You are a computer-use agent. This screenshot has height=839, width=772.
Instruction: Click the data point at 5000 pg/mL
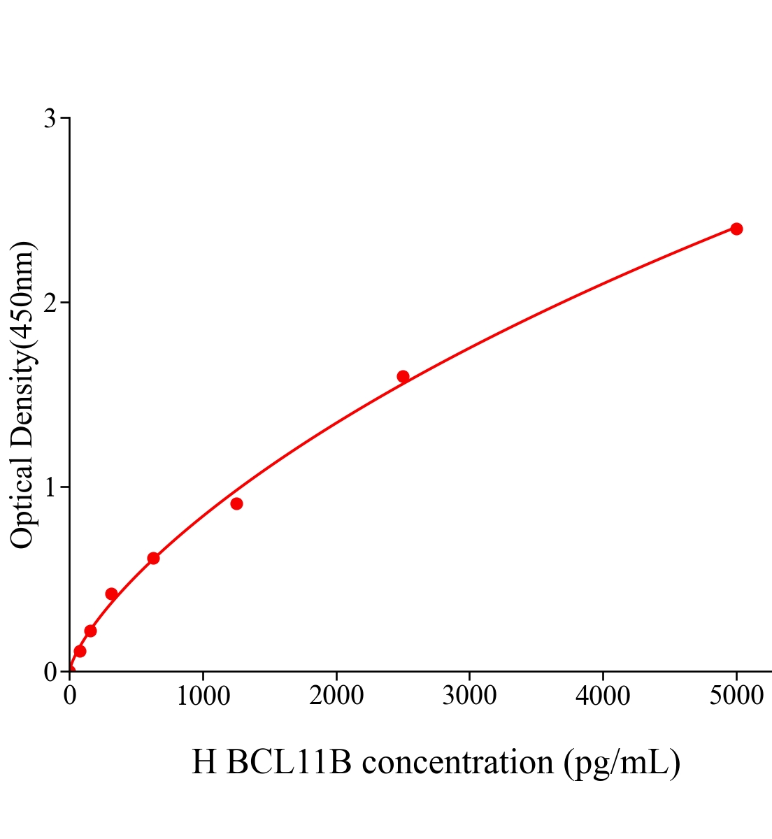pos(736,229)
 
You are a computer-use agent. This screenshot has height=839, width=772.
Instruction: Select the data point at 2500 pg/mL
pos(403,376)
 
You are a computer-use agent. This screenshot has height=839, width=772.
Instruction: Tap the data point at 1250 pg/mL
pos(236,503)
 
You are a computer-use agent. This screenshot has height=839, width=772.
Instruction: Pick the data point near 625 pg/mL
pos(153,558)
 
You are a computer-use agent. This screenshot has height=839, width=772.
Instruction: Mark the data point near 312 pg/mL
pos(111,594)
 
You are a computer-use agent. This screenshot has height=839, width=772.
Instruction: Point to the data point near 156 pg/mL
pos(90,631)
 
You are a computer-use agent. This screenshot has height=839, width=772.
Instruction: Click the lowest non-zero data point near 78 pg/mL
pos(80,651)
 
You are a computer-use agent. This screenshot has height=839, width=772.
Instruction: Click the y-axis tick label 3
pos(50,119)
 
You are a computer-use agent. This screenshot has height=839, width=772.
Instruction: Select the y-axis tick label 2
pos(50,303)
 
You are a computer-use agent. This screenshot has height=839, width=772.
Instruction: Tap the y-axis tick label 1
pos(50,487)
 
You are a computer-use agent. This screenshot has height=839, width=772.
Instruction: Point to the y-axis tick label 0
pos(50,672)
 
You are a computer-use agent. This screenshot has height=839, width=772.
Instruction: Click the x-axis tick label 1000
pos(203,696)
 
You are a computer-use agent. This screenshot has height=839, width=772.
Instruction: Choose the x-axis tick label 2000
pos(336,696)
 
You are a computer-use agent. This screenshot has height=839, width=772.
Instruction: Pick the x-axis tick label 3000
pos(469,696)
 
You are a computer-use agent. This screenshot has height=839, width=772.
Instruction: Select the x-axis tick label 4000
pos(603,696)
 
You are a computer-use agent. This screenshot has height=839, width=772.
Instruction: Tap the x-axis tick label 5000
pos(736,696)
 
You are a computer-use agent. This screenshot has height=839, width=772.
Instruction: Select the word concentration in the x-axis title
pos(457,762)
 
